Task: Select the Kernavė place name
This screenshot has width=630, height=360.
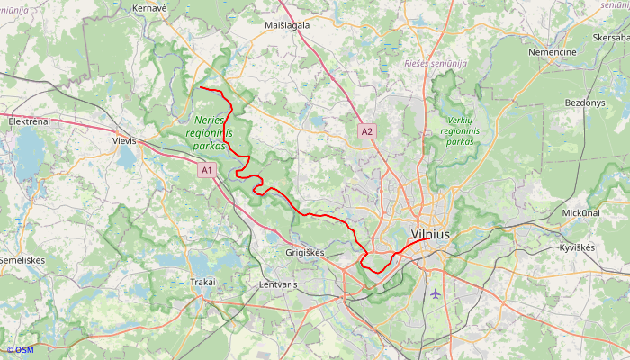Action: (x=150, y=7)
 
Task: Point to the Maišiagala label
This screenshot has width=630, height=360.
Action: (x=287, y=25)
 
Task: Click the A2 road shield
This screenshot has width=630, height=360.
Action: (x=366, y=131)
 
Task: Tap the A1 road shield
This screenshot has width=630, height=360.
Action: (x=207, y=169)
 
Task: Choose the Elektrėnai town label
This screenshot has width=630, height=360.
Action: (x=29, y=121)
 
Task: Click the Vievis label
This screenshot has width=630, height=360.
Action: (x=124, y=141)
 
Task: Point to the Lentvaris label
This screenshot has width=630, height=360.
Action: (x=277, y=284)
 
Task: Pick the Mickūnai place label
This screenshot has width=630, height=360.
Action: (x=580, y=213)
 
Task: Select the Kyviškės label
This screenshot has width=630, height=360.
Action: (x=577, y=247)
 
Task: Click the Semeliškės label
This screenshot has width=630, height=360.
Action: (x=22, y=260)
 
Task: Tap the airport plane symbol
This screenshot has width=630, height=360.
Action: (x=436, y=292)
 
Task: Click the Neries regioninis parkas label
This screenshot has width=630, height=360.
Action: (x=213, y=132)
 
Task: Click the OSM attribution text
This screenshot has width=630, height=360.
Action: (x=19, y=350)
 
